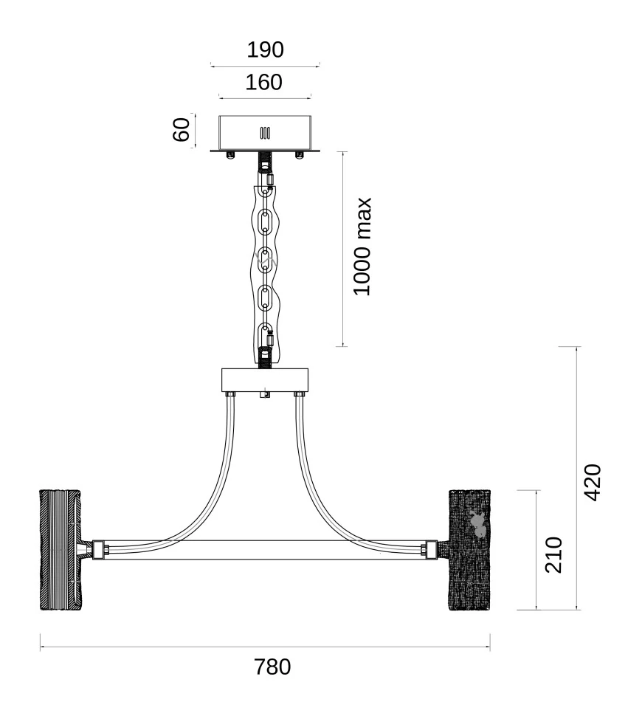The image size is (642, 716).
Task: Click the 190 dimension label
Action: [x=265, y=49]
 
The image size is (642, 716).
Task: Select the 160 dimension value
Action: [x=264, y=83]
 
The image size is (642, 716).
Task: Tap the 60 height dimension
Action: [x=182, y=130]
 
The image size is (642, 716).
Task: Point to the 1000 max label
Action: [x=362, y=247]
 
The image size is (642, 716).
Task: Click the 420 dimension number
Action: [x=593, y=483]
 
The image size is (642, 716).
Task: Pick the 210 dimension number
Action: [x=553, y=555]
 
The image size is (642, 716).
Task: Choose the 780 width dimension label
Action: [x=272, y=667]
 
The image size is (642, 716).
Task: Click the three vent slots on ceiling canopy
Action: [x=265, y=133]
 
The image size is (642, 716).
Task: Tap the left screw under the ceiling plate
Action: [x=230, y=155]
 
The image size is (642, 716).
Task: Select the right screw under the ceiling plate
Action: [x=299, y=155]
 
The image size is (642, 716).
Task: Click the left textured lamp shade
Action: [x=61, y=550]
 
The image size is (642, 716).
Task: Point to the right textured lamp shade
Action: [x=469, y=550]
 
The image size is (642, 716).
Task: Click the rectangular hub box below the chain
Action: [x=265, y=380]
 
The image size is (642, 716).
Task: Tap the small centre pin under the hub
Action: [x=265, y=395]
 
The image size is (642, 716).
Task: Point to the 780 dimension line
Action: [x=265, y=647]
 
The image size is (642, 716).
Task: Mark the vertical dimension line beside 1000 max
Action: [x=343, y=249]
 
